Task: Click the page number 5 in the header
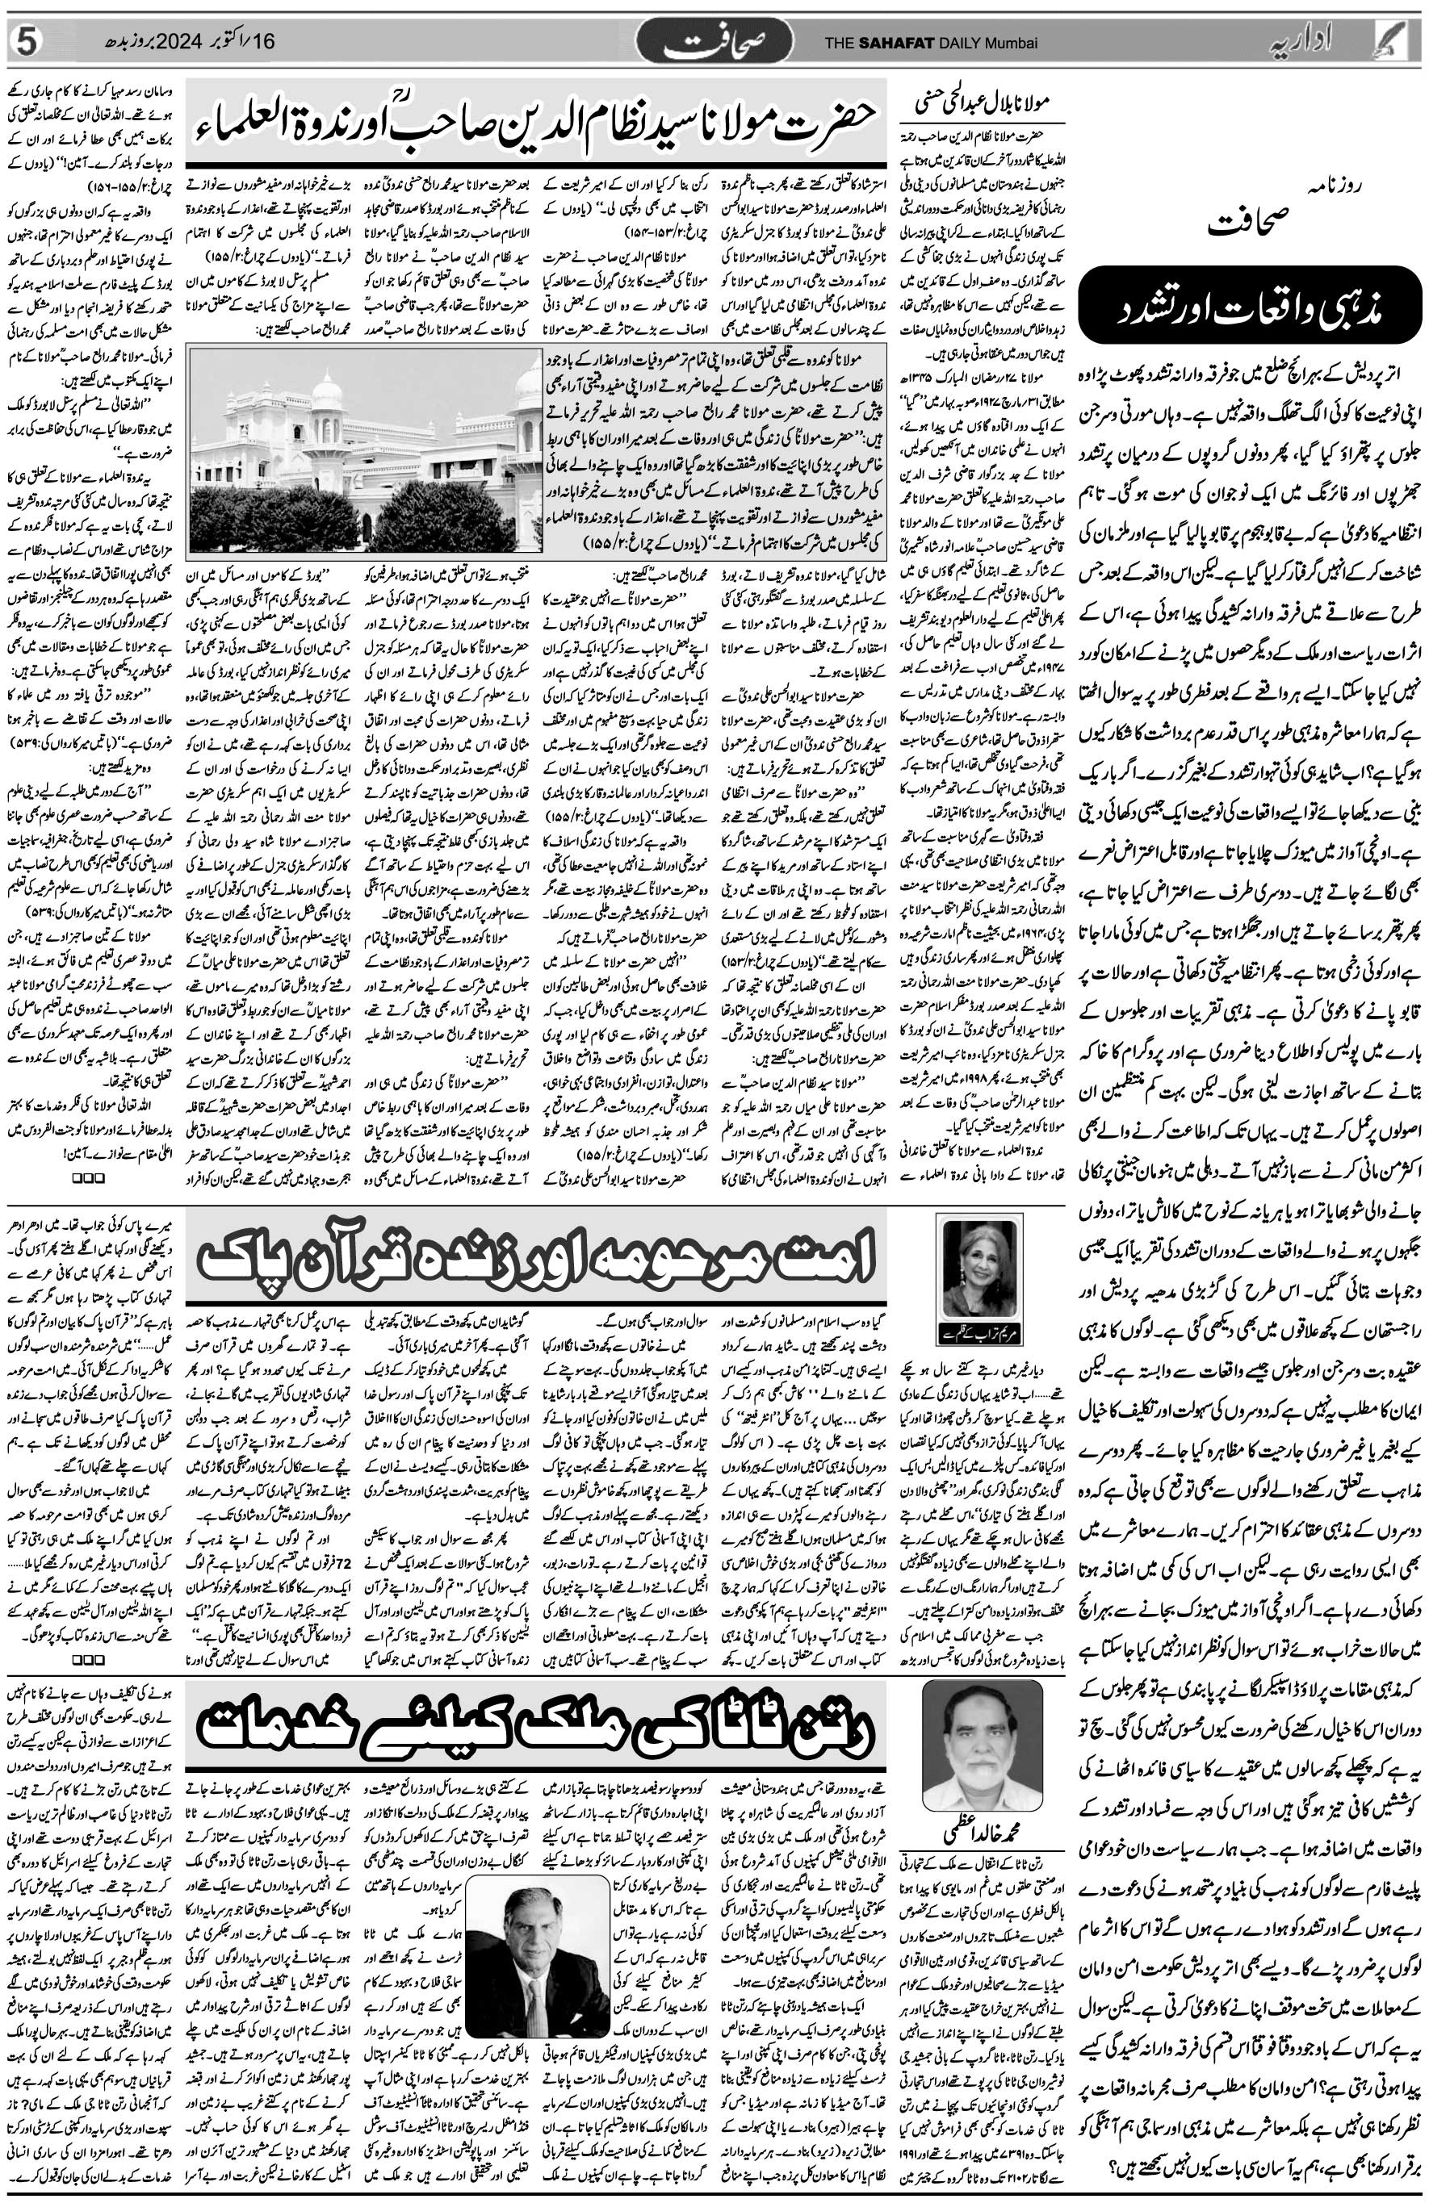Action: (27, 42)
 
